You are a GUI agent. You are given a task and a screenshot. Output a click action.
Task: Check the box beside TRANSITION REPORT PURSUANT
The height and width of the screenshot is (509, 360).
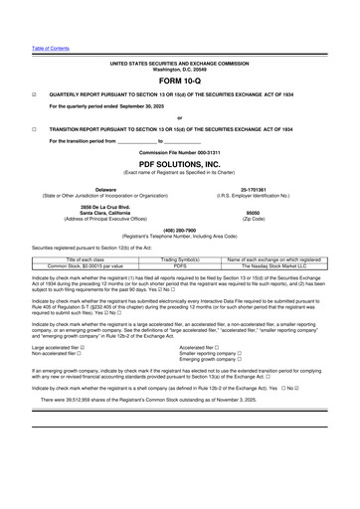click(34, 129)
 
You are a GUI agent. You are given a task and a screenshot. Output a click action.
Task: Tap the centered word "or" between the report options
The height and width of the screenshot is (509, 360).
click(179, 117)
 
